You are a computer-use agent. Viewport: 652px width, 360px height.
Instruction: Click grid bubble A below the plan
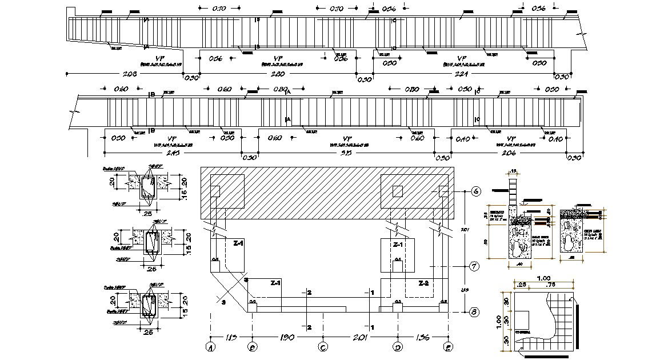[211, 346]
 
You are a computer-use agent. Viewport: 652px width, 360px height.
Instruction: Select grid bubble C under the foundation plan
[323, 346]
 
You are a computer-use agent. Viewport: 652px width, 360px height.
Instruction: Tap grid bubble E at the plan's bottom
[448, 346]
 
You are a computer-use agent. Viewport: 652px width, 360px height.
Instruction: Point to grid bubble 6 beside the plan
[475, 191]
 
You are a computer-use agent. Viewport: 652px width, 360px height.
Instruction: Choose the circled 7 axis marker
[474, 266]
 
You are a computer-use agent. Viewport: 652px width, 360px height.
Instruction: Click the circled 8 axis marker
[474, 312]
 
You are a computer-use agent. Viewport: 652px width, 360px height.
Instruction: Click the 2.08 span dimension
[130, 74]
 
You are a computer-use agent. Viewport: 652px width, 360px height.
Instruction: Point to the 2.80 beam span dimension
[278, 74]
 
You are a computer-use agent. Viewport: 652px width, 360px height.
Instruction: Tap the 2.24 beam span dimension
[462, 74]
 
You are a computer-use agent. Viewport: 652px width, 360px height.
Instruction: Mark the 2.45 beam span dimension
[171, 153]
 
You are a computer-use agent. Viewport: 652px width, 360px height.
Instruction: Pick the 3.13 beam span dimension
[346, 153]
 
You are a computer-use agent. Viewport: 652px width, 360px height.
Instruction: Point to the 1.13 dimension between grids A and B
[231, 337]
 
